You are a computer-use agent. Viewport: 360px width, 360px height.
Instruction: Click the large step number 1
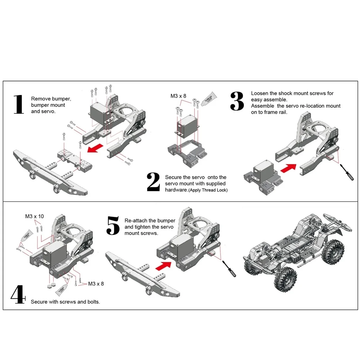pyautogui.click(x=19, y=104)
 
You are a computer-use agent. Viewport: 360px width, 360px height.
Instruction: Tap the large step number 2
pyautogui.click(x=153, y=182)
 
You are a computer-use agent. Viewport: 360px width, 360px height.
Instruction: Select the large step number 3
pyautogui.click(x=237, y=101)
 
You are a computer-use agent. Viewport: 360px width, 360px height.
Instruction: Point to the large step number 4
pyautogui.click(x=18, y=294)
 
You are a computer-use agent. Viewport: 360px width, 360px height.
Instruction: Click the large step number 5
pyautogui.click(x=113, y=226)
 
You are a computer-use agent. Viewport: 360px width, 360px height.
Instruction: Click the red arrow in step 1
pyautogui.click(x=95, y=149)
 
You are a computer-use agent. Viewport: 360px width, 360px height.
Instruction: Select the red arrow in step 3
pyautogui.click(x=288, y=168)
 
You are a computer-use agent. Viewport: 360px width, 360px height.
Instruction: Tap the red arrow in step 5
pyautogui.click(x=163, y=265)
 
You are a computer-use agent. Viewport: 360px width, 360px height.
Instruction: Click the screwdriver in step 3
pyautogui.click(x=347, y=172)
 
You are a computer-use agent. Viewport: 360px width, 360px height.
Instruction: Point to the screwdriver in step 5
pyautogui.click(x=229, y=269)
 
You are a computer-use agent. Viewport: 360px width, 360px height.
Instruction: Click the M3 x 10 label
pyautogui.click(x=34, y=216)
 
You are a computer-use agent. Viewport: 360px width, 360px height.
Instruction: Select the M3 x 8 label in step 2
pyautogui.click(x=178, y=96)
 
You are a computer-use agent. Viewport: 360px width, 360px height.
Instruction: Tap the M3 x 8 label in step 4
pyautogui.click(x=96, y=284)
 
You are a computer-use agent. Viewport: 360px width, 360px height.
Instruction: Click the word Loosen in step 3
pyautogui.click(x=260, y=93)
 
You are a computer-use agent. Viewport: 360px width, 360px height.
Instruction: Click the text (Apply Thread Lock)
pyautogui.click(x=208, y=190)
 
